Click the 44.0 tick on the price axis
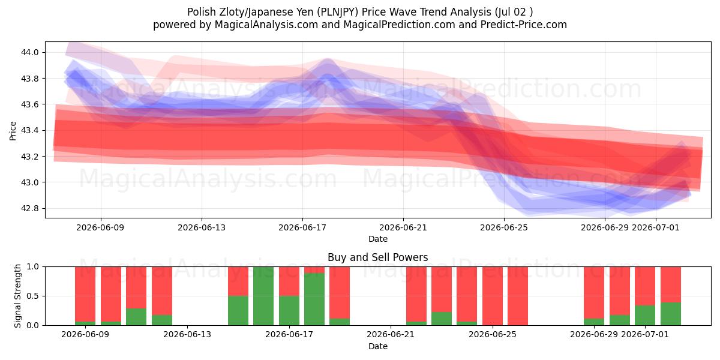pos(29,52)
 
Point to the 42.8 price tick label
pos(29,208)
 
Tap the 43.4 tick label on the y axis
pos(29,131)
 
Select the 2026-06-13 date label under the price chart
pos(202,227)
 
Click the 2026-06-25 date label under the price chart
pos(504,227)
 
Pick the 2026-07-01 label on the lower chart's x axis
pos(645,334)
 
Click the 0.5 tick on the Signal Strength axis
pos(33,296)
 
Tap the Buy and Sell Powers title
pos(377,257)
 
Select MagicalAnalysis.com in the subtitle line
pos(266,25)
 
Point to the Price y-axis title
pos(13,131)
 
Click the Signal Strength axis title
pos(17,296)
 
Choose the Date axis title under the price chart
pos(377,239)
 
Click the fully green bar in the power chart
pos(263,296)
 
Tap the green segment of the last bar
pos(671,314)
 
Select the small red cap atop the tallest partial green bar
pos(314,269)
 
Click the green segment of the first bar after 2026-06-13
pos(238,311)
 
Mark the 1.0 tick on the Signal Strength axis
pos(33,266)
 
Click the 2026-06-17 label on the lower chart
pos(289,334)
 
